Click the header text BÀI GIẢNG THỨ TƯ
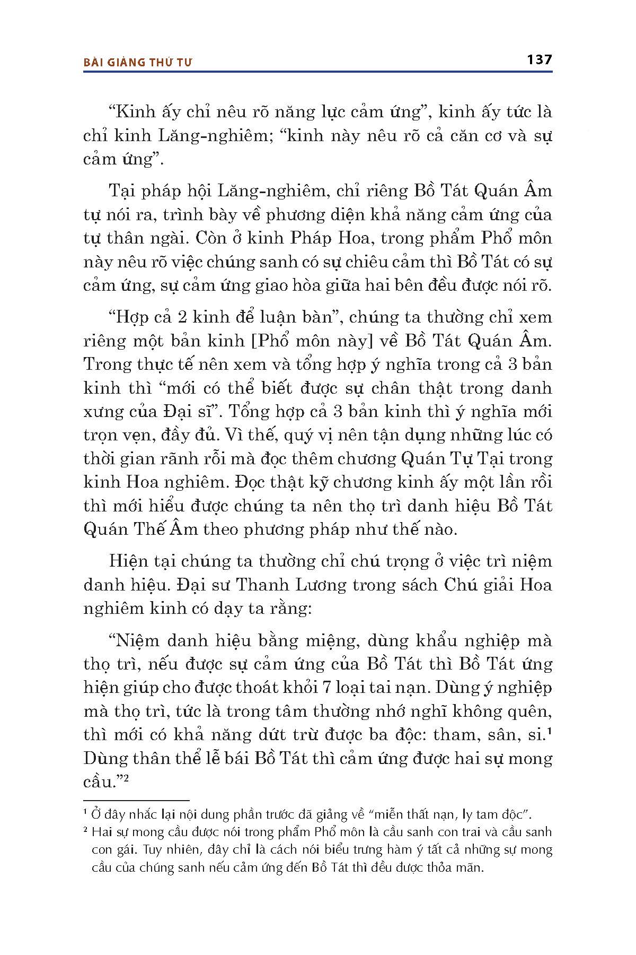click(x=138, y=62)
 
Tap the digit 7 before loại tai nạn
click(x=327, y=687)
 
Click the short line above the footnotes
click(x=136, y=800)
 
